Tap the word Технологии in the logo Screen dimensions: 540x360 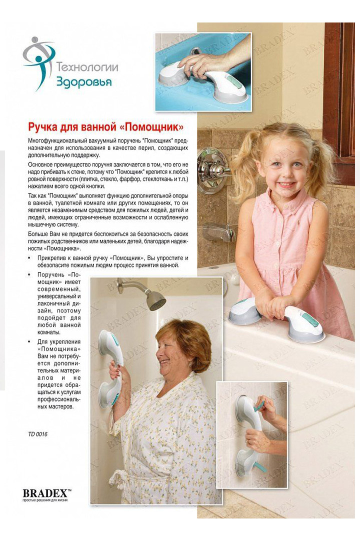87,67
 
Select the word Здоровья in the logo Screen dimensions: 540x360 83,81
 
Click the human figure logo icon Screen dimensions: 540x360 39,62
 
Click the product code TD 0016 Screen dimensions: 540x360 38,434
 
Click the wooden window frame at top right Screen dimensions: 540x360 345,90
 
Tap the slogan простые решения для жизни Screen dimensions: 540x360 45,500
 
